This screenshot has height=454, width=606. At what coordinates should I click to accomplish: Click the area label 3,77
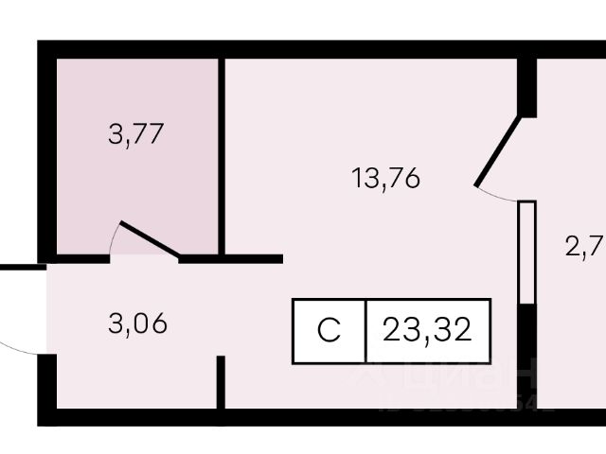(137, 133)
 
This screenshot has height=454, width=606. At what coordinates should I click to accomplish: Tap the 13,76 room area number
(385, 177)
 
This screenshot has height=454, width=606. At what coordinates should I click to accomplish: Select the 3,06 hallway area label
(137, 323)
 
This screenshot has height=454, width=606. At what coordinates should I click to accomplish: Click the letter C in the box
(329, 331)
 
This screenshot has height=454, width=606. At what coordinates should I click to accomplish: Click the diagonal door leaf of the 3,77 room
(149, 240)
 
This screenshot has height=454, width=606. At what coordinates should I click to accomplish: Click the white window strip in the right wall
(527, 252)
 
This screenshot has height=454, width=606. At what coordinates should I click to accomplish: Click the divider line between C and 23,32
(365, 331)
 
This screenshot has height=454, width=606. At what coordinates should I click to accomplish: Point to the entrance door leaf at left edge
(21, 268)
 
